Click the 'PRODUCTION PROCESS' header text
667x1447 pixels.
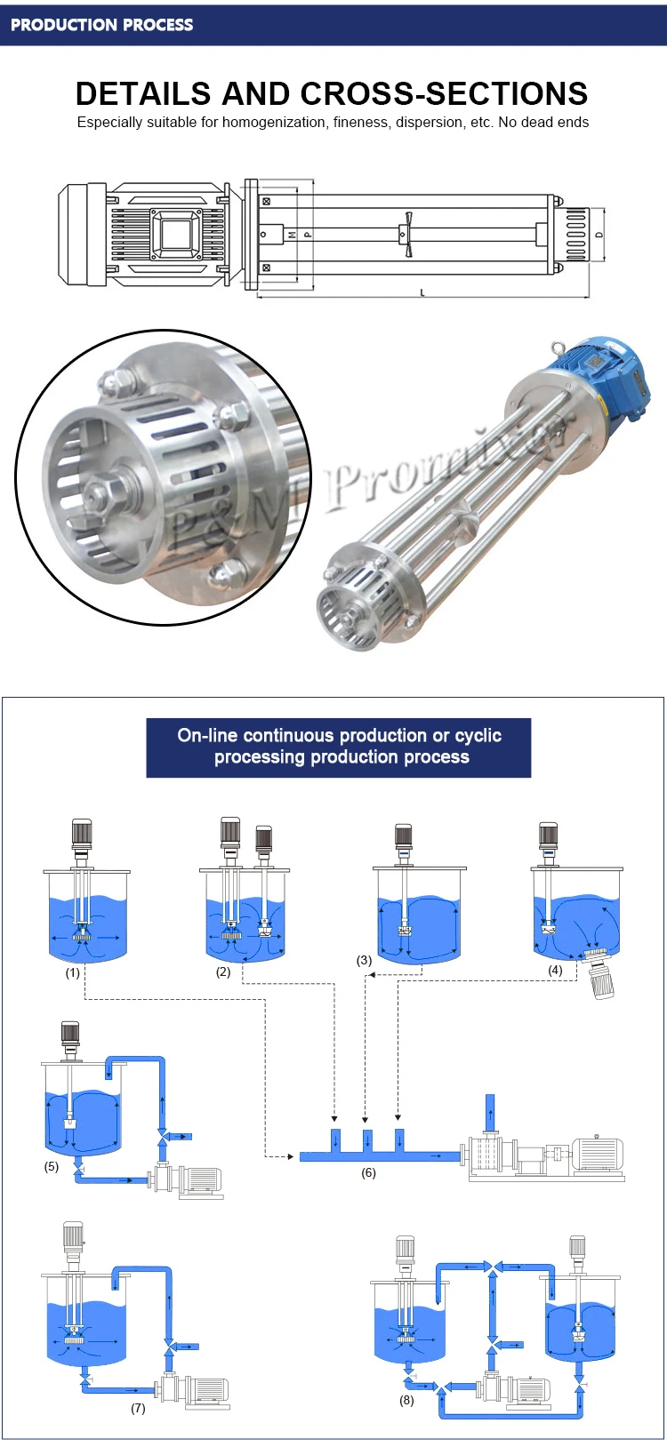pos(101,25)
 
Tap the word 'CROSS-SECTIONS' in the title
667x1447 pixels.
pos(444,93)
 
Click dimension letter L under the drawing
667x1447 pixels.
pos(422,292)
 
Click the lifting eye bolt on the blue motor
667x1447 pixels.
pos(559,348)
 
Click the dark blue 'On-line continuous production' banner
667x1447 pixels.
pos(339,747)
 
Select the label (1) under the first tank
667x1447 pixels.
pos(72,973)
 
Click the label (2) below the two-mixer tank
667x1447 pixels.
pos(223,971)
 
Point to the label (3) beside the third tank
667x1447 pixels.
pos(365,960)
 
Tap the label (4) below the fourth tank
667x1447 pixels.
pos(555,970)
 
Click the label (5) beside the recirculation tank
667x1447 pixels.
pos(51,1166)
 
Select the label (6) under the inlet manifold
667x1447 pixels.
pos(368,1172)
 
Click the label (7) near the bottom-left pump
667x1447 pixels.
pos(139,1408)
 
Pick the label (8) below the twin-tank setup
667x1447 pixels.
pos(406,1400)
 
